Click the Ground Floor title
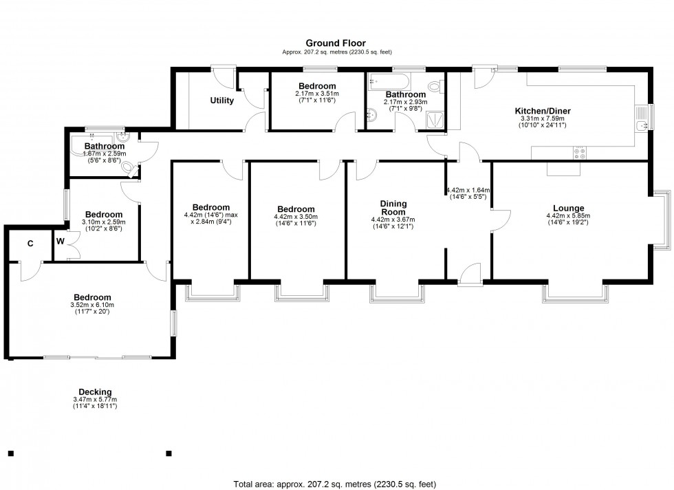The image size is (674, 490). [x=336, y=43]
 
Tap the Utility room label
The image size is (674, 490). [x=221, y=100]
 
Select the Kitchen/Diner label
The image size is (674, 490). [x=543, y=111]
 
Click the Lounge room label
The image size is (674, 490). [x=568, y=208]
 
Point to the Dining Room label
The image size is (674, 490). [x=393, y=208]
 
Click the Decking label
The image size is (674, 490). [x=95, y=392]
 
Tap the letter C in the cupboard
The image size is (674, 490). [x=30, y=243]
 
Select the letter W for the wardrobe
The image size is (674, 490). [x=61, y=242]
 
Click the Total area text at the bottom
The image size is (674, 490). [x=336, y=482]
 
